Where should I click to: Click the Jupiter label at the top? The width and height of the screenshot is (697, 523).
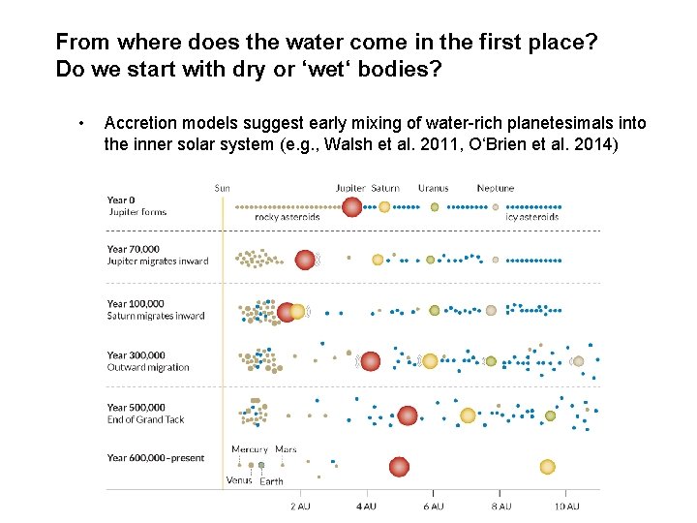pyautogui.click(x=350, y=188)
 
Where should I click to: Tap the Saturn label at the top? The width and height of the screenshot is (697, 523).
pyautogui.click(x=385, y=188)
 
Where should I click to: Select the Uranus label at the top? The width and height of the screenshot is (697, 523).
pyautogui.click(x=433, y=188)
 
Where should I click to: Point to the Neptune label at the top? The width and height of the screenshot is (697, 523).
pyautogui.click(x=496, y=188)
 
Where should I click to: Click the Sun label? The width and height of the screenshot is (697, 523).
pyautogui.click(x=223, y=188)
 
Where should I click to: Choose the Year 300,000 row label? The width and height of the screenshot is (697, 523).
pyautogui.click(x=136, y=355)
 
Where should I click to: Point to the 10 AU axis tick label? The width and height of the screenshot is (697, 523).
pyautogui.click(x=566, y=507)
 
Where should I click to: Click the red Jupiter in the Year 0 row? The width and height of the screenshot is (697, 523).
pyautogui.click(x=351, y=206)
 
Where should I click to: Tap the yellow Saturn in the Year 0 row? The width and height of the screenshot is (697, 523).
pyautogui.click(x=384, y=206)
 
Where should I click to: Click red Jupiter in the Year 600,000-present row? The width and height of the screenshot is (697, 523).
pyautogui.click(x=399, y=467)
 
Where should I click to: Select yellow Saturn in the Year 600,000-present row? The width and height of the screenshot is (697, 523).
pyautogui.click(x=547, y=467)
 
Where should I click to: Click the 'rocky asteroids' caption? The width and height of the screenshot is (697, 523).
pyautogui.click(x=287, y=217)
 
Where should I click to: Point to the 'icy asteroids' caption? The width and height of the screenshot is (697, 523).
pyautogui.click(x=532, y=217)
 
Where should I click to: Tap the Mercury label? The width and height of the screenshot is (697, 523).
pyautogui.click(x=250, y=449)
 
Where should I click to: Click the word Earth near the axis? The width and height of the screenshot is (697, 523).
pyautogui.click(x=272, y=481)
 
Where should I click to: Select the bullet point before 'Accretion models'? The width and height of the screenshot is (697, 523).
pyautogui.click(x=84, y=124)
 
